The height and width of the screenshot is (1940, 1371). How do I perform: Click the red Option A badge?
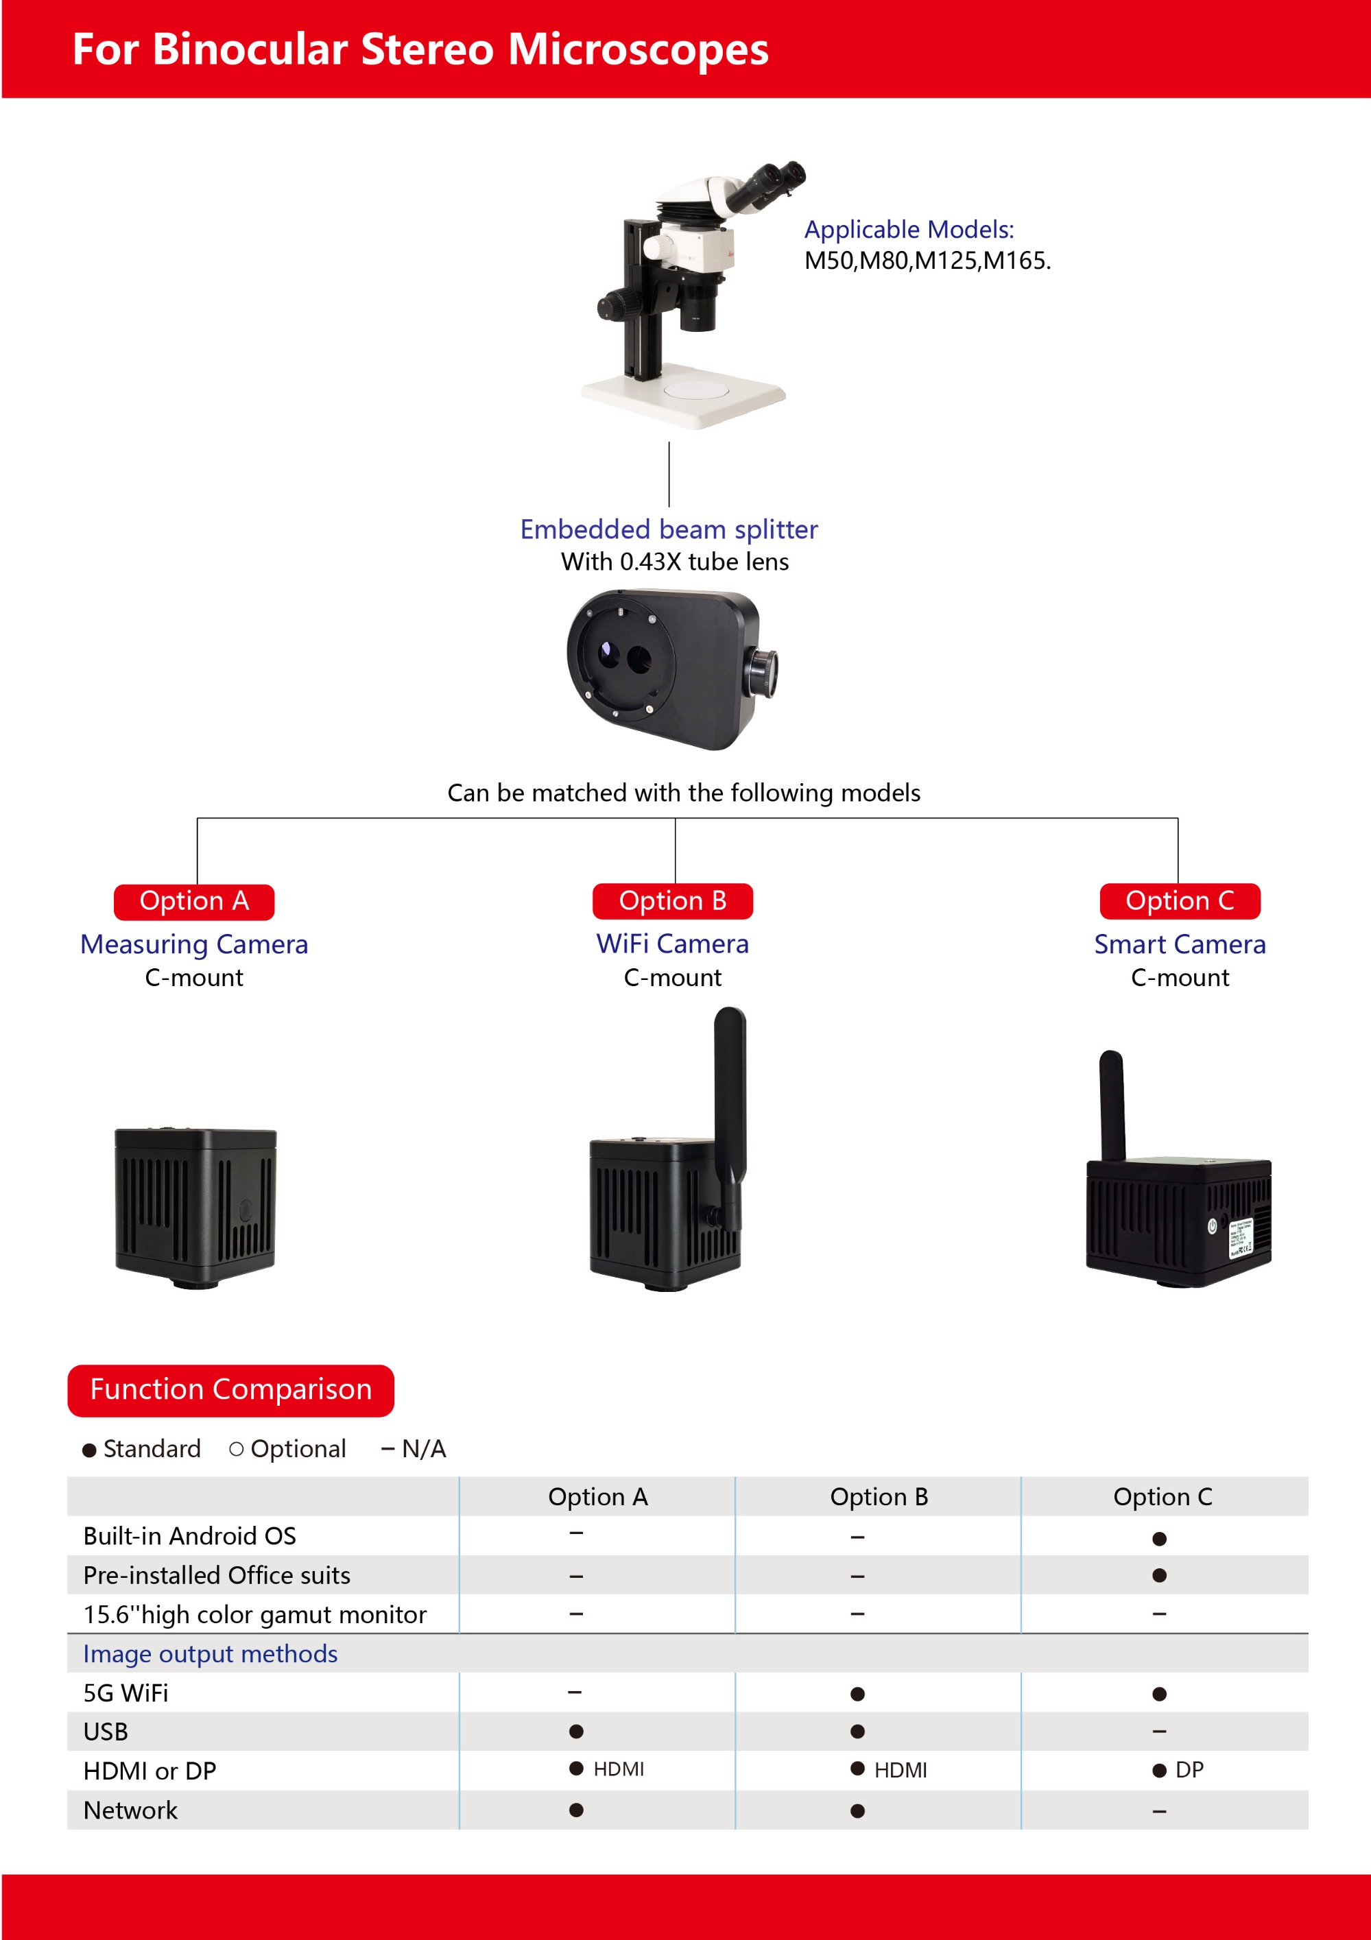coord(193,902)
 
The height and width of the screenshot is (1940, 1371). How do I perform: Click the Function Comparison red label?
coord(230,1390)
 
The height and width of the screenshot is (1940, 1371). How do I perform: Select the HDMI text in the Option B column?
coord(901,1769)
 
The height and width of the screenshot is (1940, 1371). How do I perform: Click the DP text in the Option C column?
coord(1189,1769)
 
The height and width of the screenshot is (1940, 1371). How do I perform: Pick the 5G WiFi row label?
coord(126,1692)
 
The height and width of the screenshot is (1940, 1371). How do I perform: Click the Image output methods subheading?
coord(211,1653)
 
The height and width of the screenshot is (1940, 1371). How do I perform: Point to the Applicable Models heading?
coord(909,229)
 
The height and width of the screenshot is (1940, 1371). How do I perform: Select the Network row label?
coord(130,1810)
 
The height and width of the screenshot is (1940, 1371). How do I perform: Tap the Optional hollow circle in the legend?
coord(237,1449)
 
